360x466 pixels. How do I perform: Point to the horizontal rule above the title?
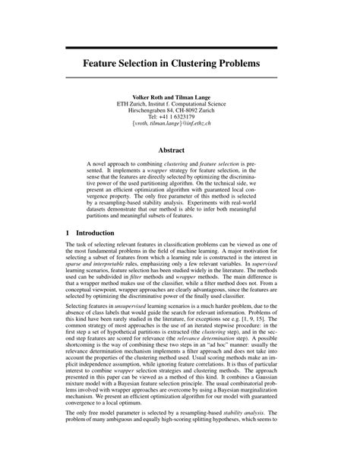coord(179,40)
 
